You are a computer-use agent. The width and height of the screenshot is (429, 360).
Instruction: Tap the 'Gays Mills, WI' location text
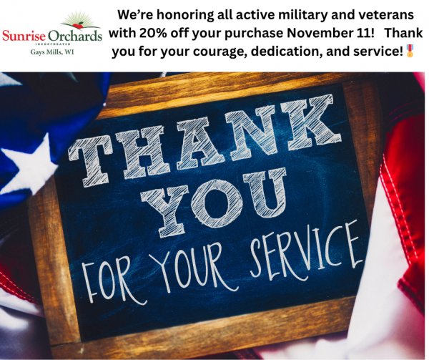(52, 52)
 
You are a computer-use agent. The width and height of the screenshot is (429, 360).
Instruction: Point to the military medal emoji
(410, 51)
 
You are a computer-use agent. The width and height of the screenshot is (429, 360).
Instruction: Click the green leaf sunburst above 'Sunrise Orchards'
(80, 19)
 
